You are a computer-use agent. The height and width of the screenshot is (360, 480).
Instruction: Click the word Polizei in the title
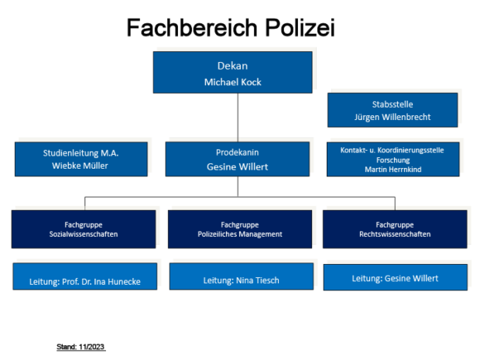[x=300, y=28]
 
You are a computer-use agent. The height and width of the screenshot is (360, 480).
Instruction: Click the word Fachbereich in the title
[x=192, y=28]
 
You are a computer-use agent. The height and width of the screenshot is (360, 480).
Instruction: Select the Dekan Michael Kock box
[x=233, y=72]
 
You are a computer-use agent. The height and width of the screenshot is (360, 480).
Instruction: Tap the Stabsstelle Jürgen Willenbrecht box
[x=393, y=110]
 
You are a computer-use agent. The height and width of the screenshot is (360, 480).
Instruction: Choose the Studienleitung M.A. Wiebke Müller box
[x=81, y=159]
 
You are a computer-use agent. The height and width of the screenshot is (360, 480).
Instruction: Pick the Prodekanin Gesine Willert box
[x=237, y=159]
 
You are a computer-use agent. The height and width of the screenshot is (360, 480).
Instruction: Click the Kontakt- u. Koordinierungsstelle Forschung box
[x=393, y=159]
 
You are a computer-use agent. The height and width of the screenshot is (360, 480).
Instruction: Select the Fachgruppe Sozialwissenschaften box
[x=84, y=229]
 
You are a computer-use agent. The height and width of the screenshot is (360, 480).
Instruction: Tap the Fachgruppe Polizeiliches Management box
[x=240, y=229]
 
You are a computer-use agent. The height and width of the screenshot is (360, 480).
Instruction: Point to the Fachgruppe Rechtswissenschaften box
[x=395, y=229]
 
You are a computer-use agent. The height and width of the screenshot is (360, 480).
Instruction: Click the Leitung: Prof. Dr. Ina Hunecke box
[x=85, y=276]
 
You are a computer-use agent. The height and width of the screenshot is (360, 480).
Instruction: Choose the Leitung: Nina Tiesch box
[x=242, y=276]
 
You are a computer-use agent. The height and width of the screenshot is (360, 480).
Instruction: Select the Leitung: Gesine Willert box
[x=395, y=277]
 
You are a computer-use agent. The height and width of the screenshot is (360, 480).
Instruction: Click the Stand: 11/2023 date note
[x=81, y=347]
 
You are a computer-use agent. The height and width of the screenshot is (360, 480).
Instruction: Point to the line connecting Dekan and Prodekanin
[x=238, y=118]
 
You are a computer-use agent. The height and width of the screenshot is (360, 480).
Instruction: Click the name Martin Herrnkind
[x=393, y=170]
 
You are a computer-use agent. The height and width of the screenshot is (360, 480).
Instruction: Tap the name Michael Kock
[x=233, y=82]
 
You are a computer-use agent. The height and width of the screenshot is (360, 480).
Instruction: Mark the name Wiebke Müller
[x=80, y=166]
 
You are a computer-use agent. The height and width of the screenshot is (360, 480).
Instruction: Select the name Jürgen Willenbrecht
[x=393, y=117]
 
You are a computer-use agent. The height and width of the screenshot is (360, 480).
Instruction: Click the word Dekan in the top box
[x=233, y=66]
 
